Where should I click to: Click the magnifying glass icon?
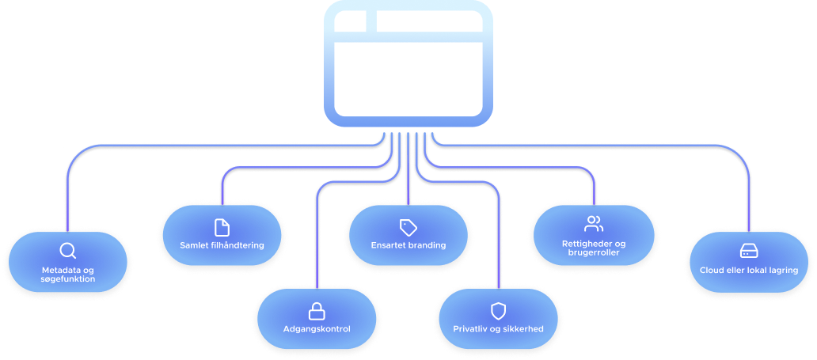[x=68, y=252]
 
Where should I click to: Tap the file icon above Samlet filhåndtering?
[x=222, y=226]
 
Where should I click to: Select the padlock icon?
[x=317, y=310]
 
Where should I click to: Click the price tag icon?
[x=408, y=227]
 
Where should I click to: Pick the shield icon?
[x=498, y=310]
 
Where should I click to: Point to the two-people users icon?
[x=594, y=224]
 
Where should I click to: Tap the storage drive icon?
[x=748, y=252]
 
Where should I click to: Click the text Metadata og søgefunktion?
[x=68, y=275]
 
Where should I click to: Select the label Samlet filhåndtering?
[x=222, y=245]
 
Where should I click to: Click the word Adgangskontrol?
[x=317, y=329]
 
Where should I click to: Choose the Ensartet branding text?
[x=408, y=245]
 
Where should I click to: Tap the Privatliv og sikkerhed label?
[x=498, y=329]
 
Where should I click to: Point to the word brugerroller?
[x=594, y=252]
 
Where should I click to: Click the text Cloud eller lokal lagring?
[x=748, y=271]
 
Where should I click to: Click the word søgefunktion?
[x=68, y=279]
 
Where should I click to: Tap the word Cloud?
[x=712, y=271]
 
